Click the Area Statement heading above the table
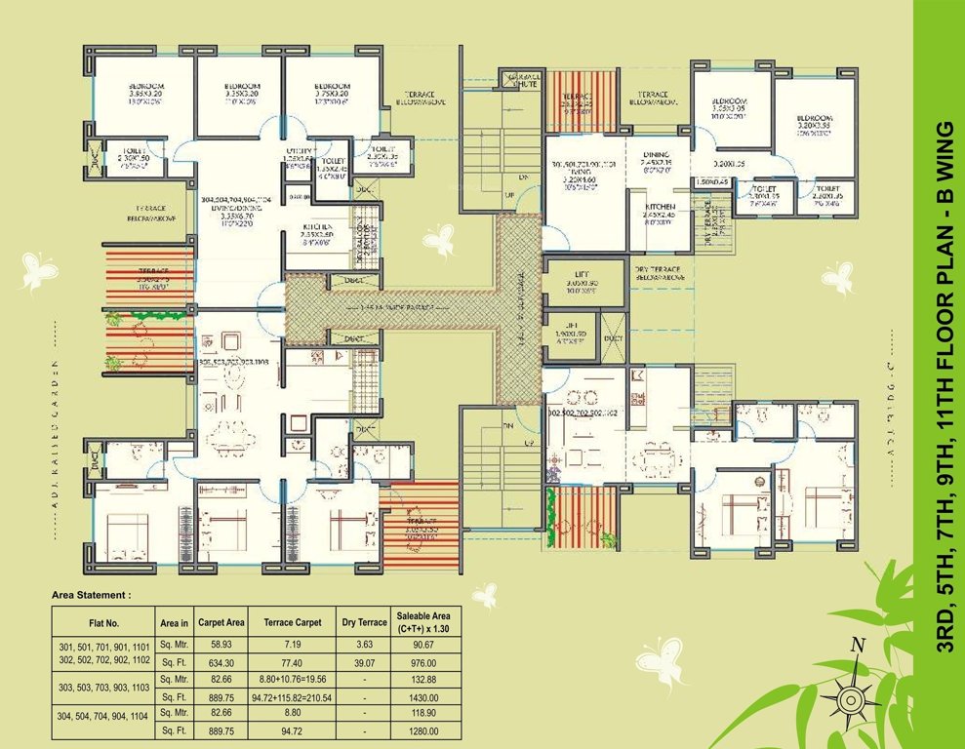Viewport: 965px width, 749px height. pos(90,593)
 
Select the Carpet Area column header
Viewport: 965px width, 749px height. pos(219,620)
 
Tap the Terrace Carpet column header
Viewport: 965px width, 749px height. pos(281,620)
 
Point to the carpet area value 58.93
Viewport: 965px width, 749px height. pos(219,645)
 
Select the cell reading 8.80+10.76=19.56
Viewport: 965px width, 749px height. pos(281,679)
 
